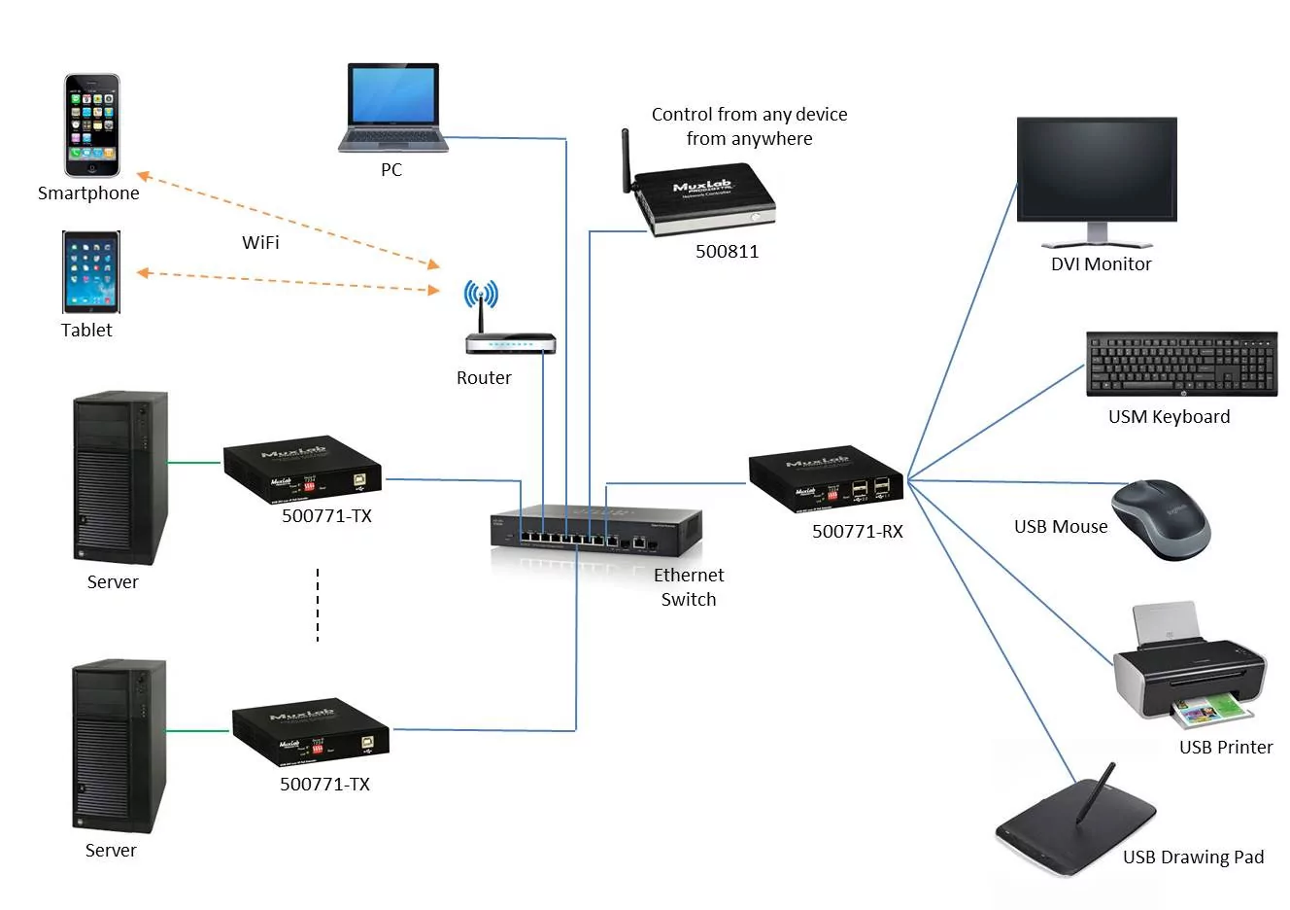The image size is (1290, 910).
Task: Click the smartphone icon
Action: click(x=92, y=124)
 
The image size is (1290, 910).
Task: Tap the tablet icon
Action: click(x=91, y=271)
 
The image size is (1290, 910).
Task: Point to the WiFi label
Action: click(x=260, y=242)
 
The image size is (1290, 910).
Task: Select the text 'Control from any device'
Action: click(x=749, y=115)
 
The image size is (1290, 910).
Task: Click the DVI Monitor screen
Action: click(x=1097, y=171)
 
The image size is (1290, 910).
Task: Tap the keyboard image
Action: click(x=1181, y=364)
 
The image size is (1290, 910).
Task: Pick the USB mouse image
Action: click(x=1161, y=518)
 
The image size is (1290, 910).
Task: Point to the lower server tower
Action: click(x=119, y=745)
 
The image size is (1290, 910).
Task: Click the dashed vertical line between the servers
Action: click(x=318, y=606)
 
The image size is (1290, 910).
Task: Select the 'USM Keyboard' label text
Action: click(x=1169, y=417)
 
